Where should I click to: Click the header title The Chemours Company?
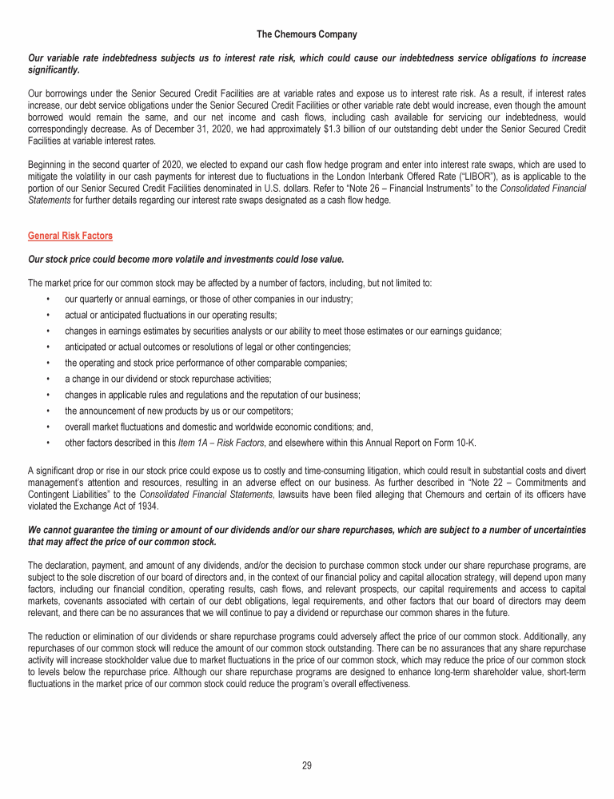click(307, 34)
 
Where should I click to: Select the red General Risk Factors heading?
click(70, 237)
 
